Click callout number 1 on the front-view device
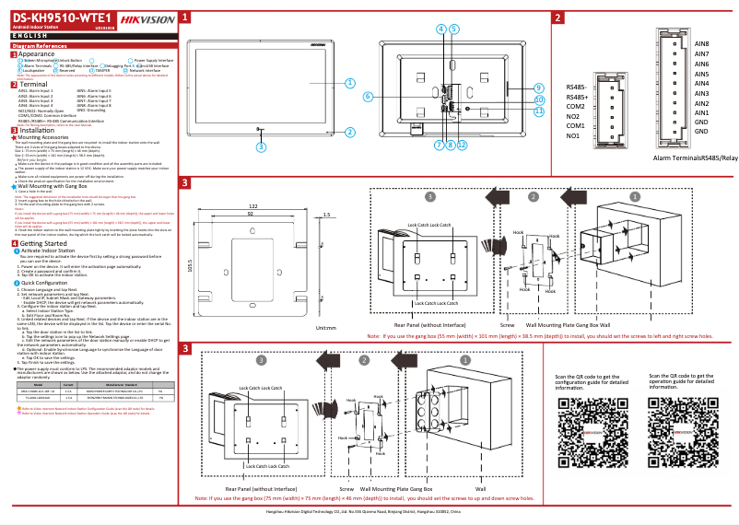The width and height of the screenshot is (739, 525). tap(349, 81)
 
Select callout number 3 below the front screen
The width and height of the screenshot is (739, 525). tap(261, 146)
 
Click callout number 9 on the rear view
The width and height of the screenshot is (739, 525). tap(539, 87)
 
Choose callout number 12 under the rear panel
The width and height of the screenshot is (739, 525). tap(462, 145)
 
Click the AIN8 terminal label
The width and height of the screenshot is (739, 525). tap(700, 44)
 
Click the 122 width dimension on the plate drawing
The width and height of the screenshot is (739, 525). tap(252, 205)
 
